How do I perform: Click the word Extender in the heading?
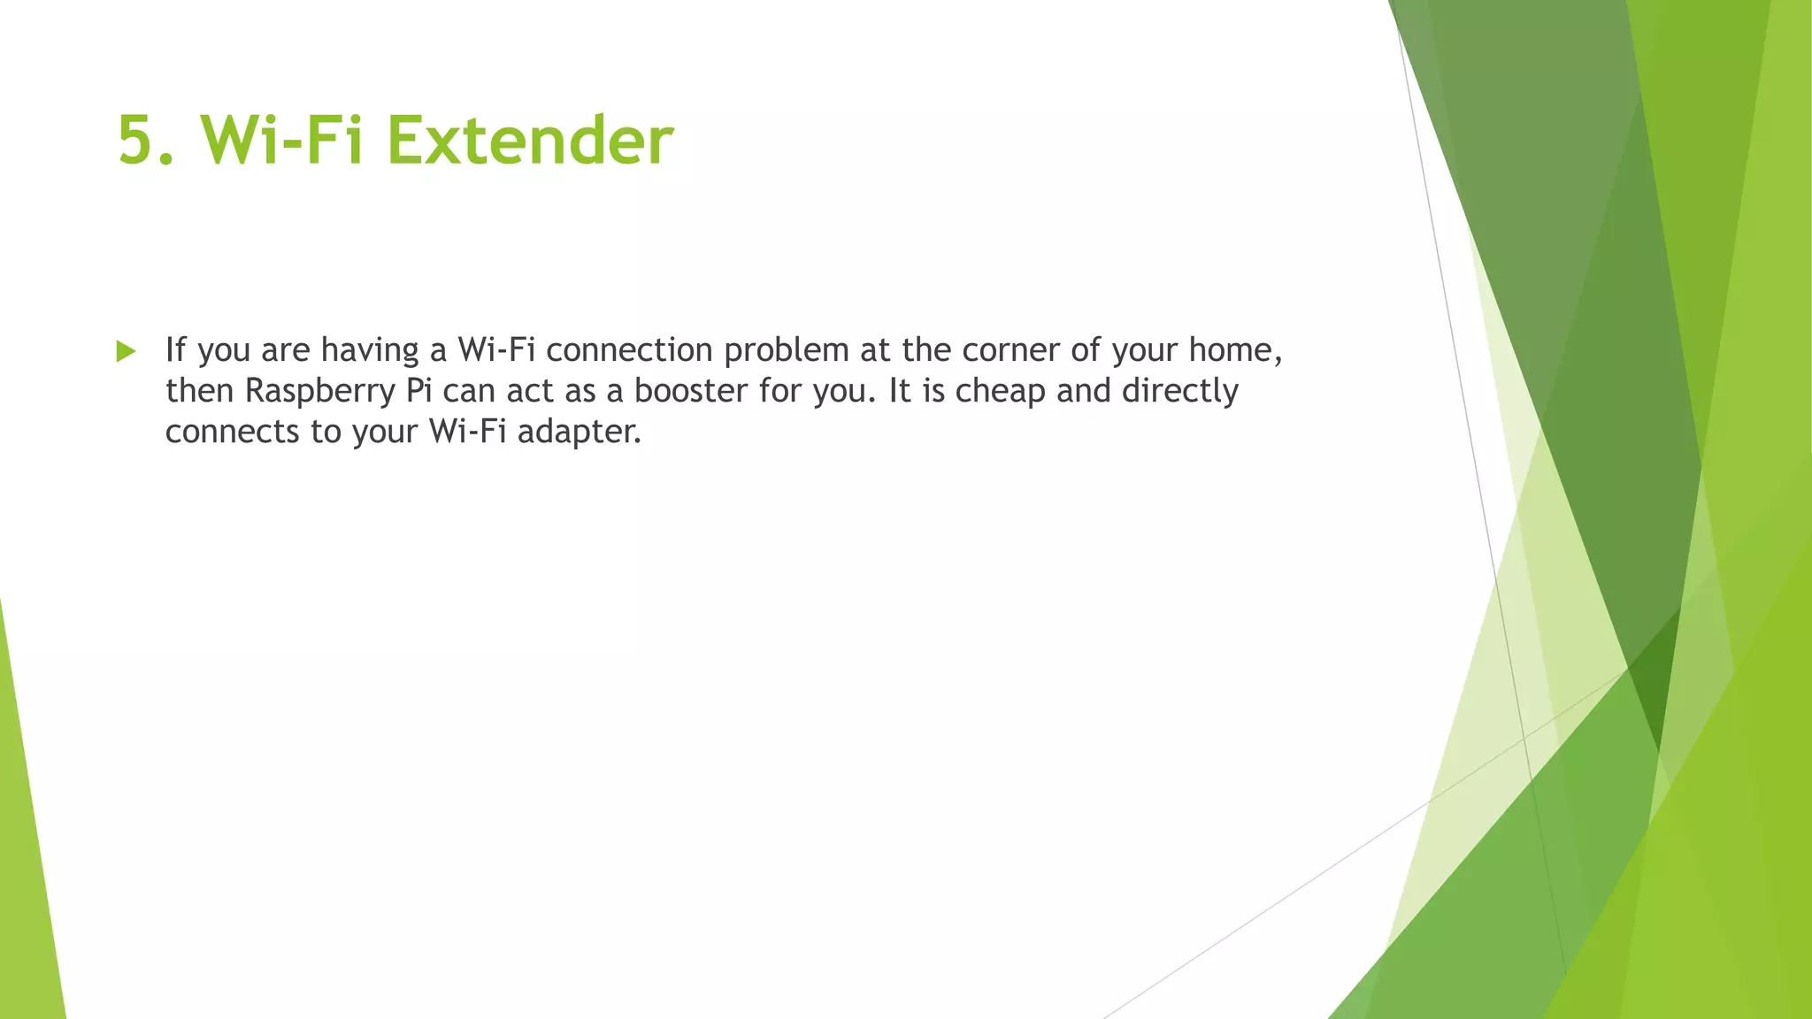point(530,140)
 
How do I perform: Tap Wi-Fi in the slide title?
point(281,140)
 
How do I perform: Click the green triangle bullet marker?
point(126,351)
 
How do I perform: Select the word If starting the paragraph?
point(175,349)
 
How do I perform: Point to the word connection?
point(629,350)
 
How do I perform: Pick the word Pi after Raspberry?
point(418,390)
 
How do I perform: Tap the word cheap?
point(1000,391)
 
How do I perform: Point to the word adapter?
point(578,432)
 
